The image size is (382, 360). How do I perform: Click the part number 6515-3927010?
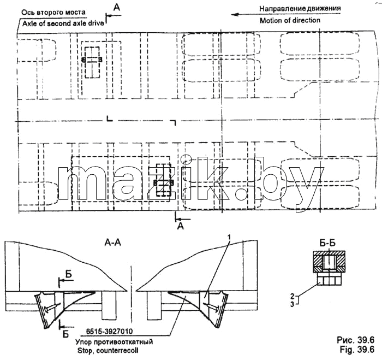tap(109, 332)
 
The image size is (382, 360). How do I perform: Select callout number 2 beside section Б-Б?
tap(292, 297)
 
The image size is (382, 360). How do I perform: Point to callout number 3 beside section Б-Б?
tap(292, 304)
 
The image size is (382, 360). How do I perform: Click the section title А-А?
tap(112, 243)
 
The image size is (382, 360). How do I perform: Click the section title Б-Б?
tap(329, 244)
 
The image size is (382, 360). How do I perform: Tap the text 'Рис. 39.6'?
tap(356, 340)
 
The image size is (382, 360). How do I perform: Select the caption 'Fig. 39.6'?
tap(357, 350)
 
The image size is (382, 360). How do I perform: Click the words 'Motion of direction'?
tap(290, 21)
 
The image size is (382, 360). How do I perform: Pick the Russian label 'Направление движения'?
tap(300, 9)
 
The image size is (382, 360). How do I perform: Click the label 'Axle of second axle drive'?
tap(63, 23)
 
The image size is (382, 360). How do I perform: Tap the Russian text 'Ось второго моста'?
tap(53, 12)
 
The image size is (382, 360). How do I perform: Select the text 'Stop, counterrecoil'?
tap(108, 351)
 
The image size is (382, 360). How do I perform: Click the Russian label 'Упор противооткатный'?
tap(114, 341)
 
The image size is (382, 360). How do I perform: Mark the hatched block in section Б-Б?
tap(329, 262)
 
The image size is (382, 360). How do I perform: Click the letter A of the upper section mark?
tap(117, 8)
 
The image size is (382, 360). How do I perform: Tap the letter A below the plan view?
tap(181, 226)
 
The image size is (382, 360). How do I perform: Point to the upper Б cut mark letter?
tap(69, 274)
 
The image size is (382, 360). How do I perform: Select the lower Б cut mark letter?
tap(66, 334)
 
